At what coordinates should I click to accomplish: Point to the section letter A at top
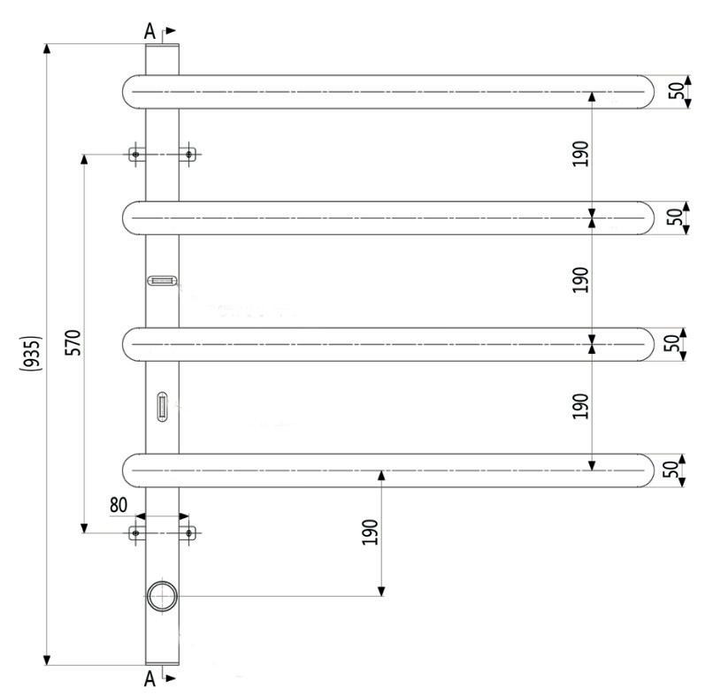click(x=150, y=32)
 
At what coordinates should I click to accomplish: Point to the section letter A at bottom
click(x=150, y=678)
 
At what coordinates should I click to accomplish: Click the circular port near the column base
click(x=162, y=596)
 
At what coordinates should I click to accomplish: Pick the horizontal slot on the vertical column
click(x=162, y=281)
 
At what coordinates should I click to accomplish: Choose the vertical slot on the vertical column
click(x=162, y=407)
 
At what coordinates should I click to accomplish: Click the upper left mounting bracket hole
click(x=135, y=155)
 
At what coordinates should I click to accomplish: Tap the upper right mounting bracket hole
click(x=188, y=155)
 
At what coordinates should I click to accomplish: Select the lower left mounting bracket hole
click(x=135, y=532)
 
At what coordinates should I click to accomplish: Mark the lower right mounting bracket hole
click(x=188, y=532)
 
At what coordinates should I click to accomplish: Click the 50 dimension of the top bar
click(x=677, y=91)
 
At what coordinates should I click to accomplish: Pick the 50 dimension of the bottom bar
click(x=677, y=470)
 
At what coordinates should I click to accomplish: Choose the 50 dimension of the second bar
click(x=677, y=218)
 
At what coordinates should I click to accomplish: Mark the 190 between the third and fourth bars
click(x=580, y=405)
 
